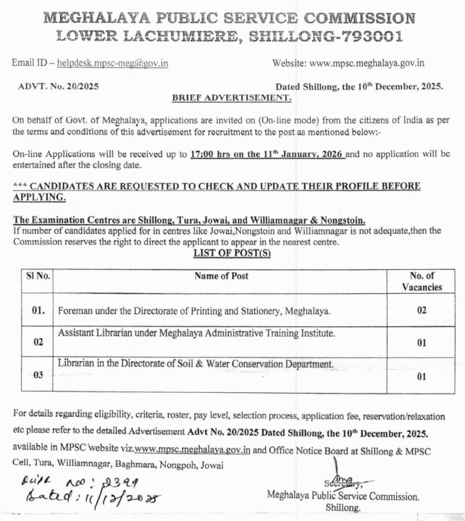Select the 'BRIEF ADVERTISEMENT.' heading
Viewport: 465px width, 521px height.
[231, 96]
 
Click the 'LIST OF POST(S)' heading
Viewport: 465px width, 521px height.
[232, 255]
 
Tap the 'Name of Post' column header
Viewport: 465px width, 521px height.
[221, 276]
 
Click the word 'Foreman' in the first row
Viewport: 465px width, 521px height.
[75, 311]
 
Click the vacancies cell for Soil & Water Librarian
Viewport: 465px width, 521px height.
[420, 376]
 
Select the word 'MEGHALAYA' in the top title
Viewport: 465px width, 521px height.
[101, 17]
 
